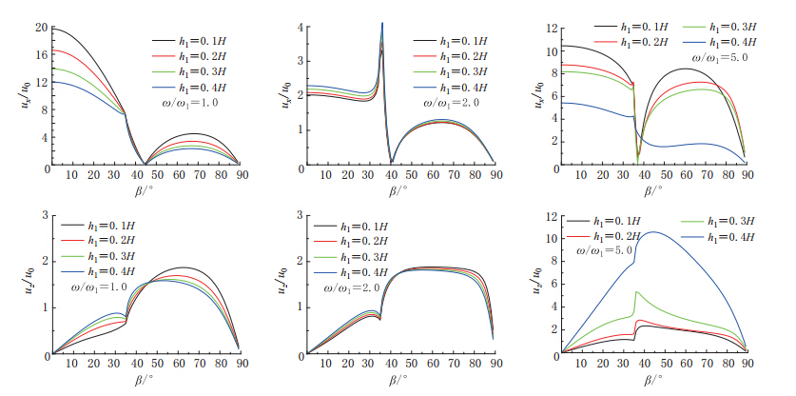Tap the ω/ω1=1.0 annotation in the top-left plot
pyautogui.click(x=202, y=102)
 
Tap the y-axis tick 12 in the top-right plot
pyautogui.click(x=550, y=28)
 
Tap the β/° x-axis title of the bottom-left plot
pyautogui.click(x=144, y=379)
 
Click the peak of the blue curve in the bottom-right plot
pyautogui.click(x=653, y=231)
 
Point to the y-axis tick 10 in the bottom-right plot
pyautogui.click(x=550, y=239)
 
